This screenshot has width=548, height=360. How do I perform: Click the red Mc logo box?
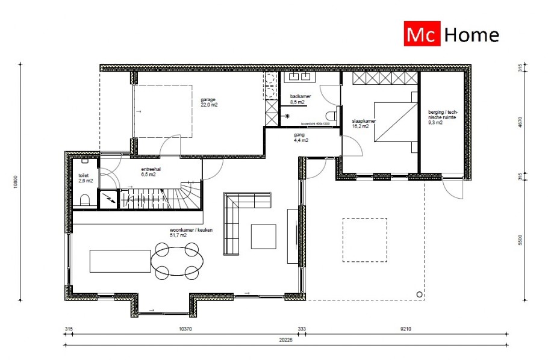(x=422, y=35)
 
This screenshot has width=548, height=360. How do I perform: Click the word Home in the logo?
(x=472, y=35)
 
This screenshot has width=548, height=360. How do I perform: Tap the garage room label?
(x=208, y=102)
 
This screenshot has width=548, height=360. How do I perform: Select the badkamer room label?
(x=299, y=99)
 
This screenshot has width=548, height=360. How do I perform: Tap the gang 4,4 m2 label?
(x=300, y=138)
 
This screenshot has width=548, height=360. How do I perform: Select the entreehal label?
(x=150, y=172)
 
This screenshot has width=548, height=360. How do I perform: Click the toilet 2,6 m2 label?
(x=86, y=178)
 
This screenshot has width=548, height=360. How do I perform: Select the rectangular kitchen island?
(x=120, y=261)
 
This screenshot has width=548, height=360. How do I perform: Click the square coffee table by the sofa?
(x=264, y=236)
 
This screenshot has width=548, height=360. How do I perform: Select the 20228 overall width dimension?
(x=285, y=339)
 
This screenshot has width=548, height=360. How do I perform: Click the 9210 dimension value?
(x=404, y=329)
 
